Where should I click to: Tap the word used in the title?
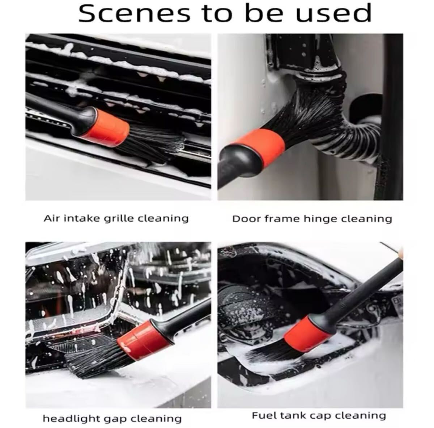pos(333,14)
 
